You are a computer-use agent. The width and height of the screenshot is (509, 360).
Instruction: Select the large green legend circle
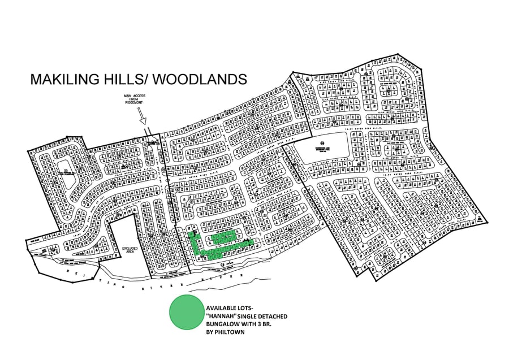(186, 312)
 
